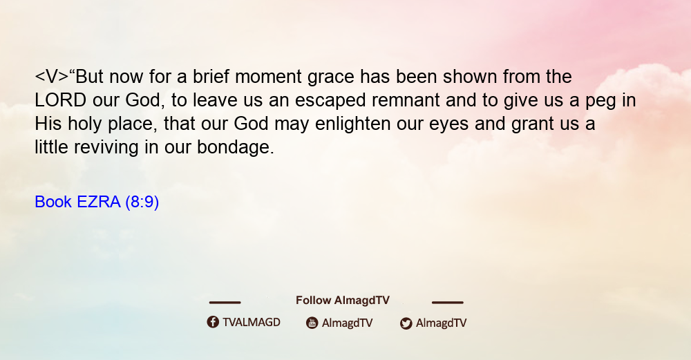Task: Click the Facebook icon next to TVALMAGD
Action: (213, 322)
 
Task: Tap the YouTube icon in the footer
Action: (312, 323)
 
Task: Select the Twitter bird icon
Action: (406, 323)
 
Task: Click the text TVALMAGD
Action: (252, 322)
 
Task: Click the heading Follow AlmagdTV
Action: (343, 300)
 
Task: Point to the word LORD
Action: (60, 100)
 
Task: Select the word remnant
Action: (406, 100)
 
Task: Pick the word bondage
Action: (236, 147)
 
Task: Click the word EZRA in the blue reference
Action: (98, 202)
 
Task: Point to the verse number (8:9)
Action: (142, 202)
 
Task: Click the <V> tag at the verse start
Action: (52, 77)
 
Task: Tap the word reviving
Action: (106, 147)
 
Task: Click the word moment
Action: (268, 77)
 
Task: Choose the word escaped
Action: (330, 101)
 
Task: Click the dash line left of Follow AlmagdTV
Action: (225, 302)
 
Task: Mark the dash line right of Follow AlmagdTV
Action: (448, 302)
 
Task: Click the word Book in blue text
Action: (53, 202)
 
